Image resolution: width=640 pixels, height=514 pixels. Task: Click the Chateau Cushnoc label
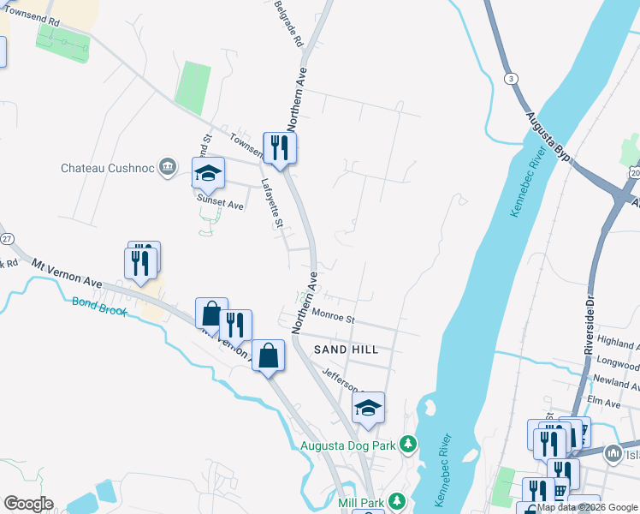click(107, 168)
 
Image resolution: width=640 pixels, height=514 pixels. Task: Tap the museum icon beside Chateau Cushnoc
click(169, 167)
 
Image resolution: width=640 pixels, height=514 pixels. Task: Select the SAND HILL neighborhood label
click(346, 350)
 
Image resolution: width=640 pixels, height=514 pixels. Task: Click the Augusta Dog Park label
click(349, 445)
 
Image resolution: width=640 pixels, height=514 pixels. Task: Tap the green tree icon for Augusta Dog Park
click(410, 444)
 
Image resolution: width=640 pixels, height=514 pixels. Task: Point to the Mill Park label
click(359, 501)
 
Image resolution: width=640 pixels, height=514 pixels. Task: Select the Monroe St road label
click(333, 318)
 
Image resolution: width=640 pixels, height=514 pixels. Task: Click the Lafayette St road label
click(272, 201)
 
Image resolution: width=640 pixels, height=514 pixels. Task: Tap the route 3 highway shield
click(512, 79)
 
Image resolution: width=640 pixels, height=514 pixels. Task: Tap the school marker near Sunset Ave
click(207, 174)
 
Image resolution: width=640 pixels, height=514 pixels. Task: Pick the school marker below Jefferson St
click(368, 409)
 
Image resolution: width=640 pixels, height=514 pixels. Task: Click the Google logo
click(28, 504)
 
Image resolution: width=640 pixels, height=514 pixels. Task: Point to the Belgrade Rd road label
click(288, 23)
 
